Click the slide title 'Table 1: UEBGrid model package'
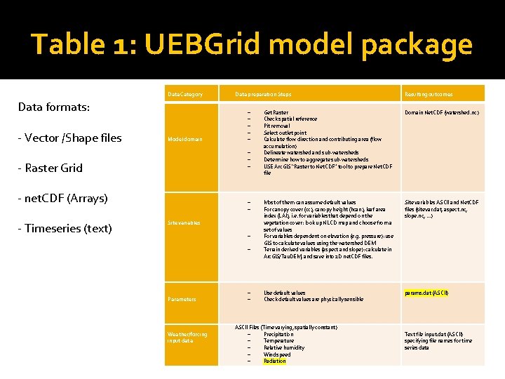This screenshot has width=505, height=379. [252, 44]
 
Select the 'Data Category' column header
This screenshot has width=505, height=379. [185, 94]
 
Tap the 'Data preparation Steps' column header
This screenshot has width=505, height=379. [263, 94]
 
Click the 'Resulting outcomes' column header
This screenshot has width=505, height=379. [429, 94]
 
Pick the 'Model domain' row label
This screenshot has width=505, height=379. [184, 139]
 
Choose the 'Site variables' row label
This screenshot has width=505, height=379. [184, 222]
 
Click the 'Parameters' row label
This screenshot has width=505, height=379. [182, 299]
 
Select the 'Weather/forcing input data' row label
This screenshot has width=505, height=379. [187, 338]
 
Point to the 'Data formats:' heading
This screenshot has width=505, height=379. [53, 107]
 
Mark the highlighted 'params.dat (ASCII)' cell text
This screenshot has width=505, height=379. [426, 293]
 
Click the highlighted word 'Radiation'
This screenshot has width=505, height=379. [275, 361]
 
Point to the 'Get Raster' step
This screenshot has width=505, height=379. [276, 112]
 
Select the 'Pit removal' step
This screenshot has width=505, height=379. [277, 126]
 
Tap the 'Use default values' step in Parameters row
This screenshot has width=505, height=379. [284, 293]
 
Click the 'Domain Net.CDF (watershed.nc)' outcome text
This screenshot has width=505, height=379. [442, 112]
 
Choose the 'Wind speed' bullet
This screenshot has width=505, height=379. [277, 354]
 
